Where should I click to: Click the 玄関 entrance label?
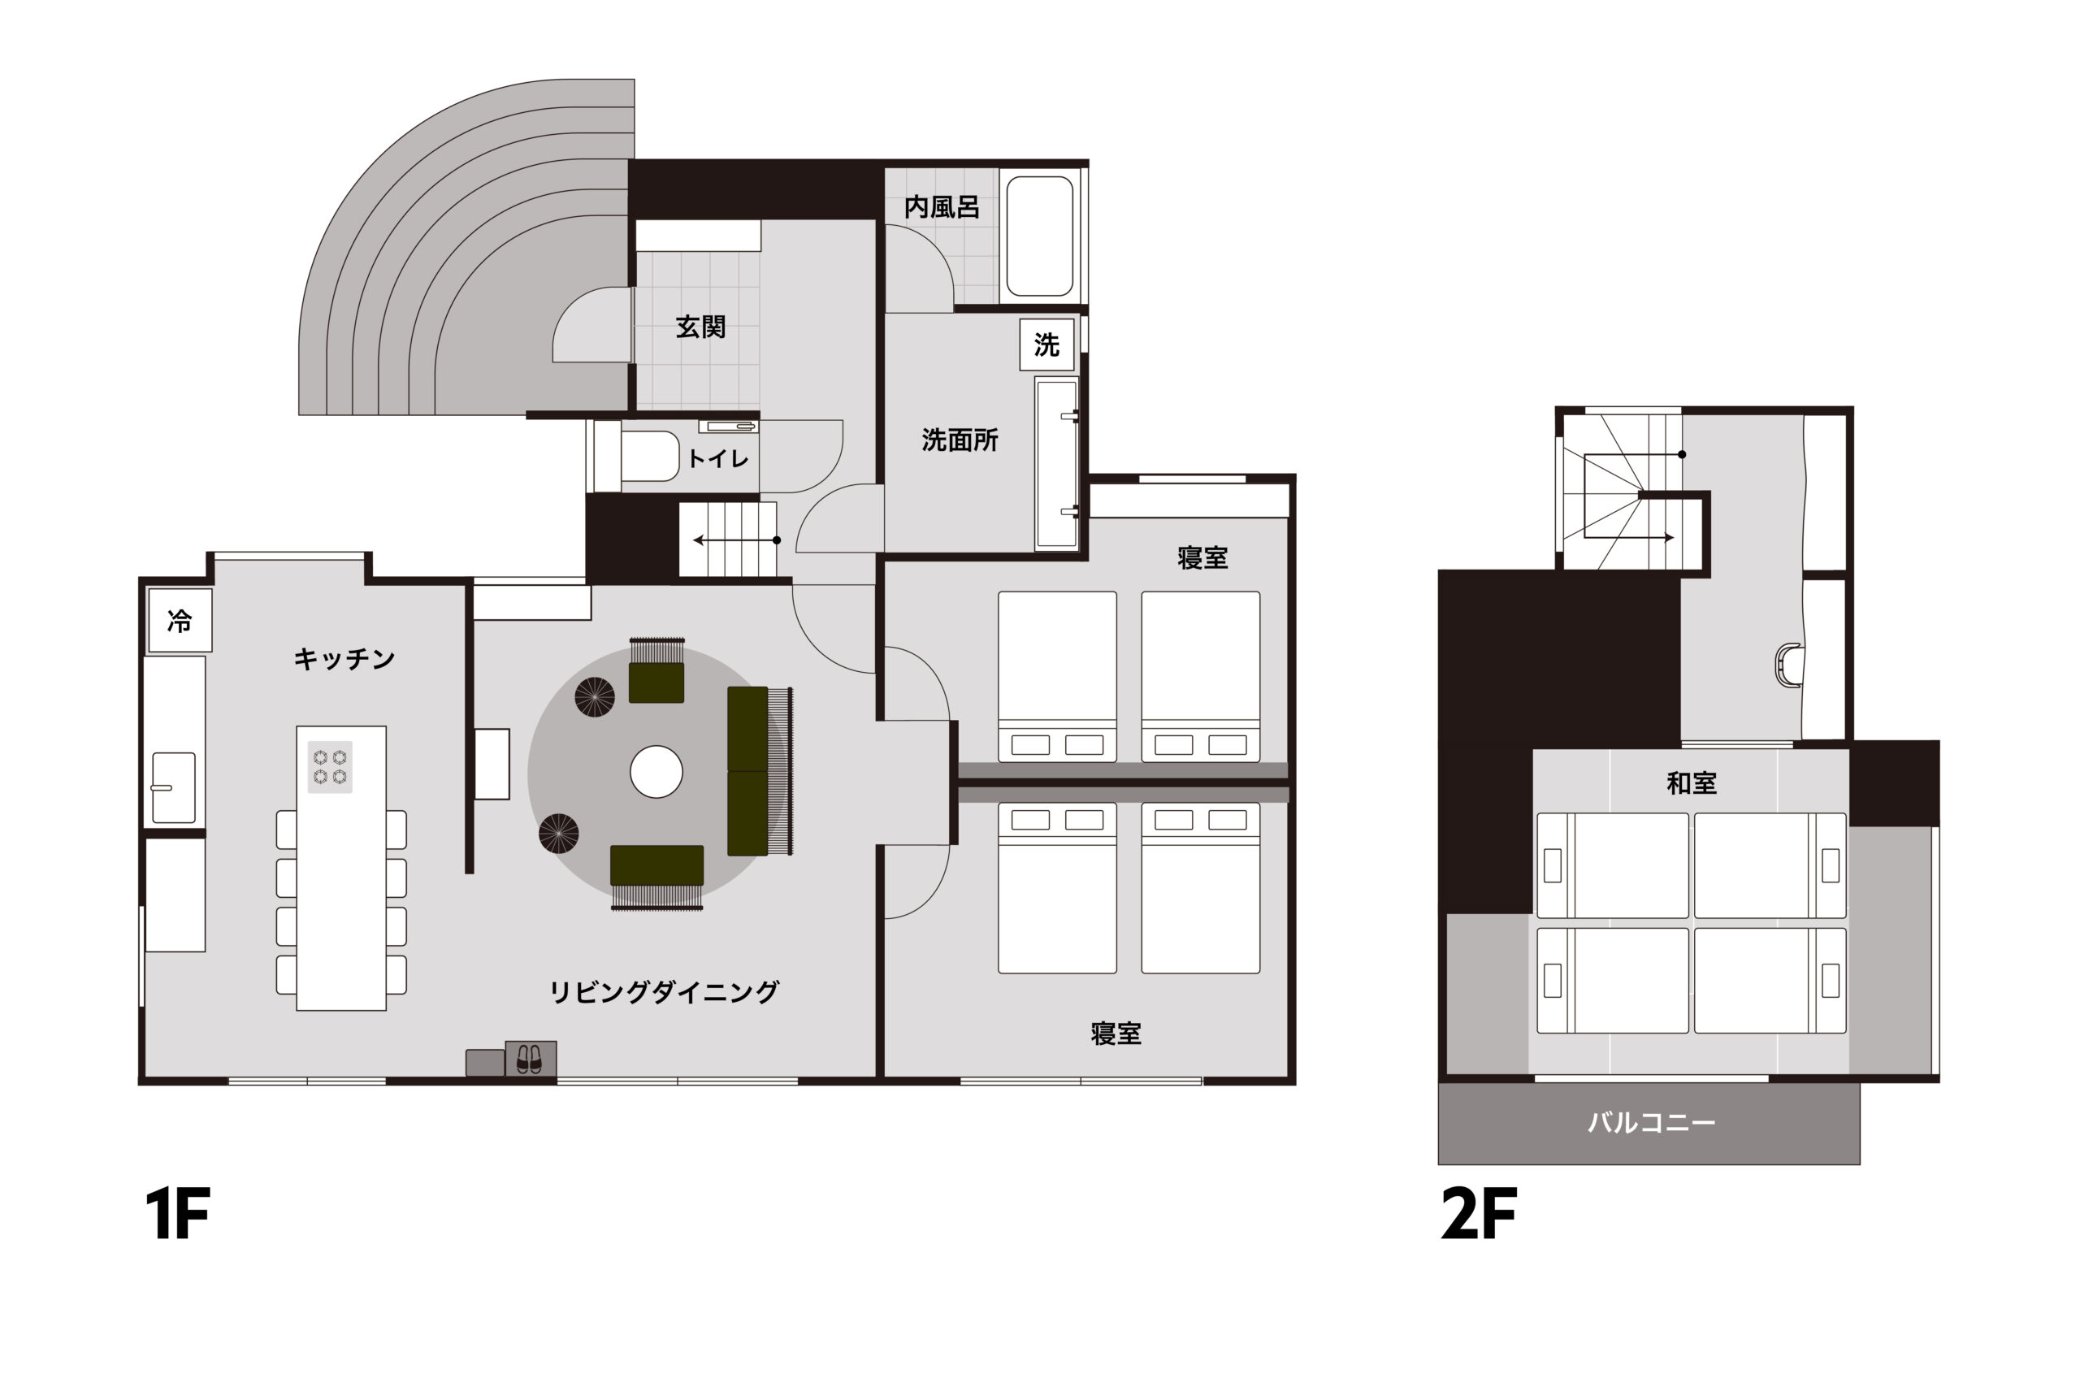(700, 327)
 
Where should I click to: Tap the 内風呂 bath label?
(942, 208)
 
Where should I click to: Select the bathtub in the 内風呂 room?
(1040, 236)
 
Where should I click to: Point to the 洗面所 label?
(960, 440)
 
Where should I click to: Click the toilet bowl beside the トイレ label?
(649, 457)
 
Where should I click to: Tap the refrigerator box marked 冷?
(180, 621)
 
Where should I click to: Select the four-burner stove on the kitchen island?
(330, 767)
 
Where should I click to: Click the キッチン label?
(344, 659)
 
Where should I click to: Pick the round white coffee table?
(656, 771)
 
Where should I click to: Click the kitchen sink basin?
(173, 787)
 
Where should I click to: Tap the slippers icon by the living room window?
(529, 1059)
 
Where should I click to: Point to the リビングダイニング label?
(663, 992)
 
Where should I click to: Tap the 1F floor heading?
(178, 1215)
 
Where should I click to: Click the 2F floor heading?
(1479, 1215)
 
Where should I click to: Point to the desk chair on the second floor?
(1788, 665)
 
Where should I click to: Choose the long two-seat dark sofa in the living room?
(748, 771)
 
